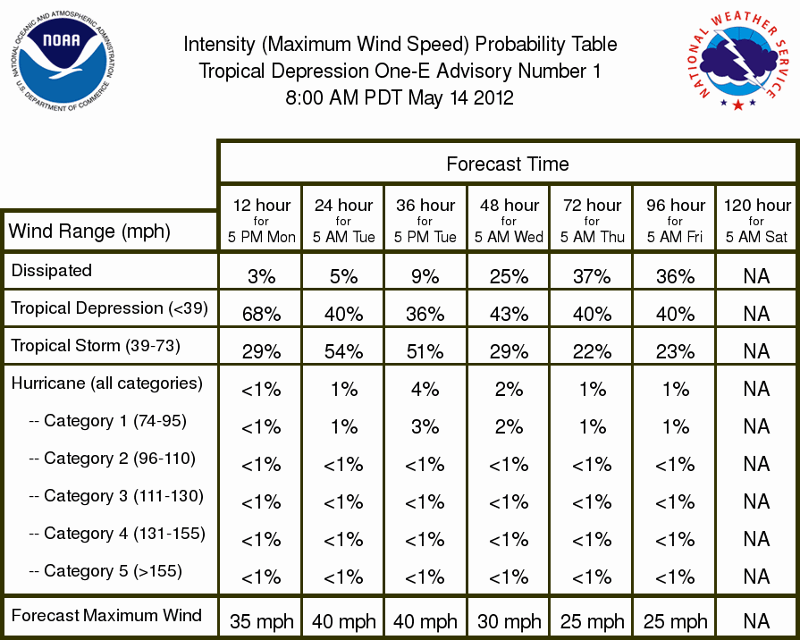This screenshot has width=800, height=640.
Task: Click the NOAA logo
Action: [x=63, y=61]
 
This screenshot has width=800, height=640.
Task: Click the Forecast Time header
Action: [x=507, y=164]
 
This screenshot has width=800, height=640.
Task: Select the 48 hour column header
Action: [x=509, y=221]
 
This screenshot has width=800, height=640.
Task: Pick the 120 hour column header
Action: [x=756, y=221]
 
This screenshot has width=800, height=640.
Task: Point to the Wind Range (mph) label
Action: [x=89, y=232]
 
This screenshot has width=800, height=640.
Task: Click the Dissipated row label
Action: [x=52, y=270]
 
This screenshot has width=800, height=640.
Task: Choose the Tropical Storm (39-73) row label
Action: [x=96, y=346]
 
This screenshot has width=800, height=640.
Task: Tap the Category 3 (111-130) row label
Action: [x=116, y=495]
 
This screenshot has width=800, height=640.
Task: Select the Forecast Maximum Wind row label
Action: [x=106, y=615]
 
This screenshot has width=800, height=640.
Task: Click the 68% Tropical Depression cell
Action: [x=261, y=314]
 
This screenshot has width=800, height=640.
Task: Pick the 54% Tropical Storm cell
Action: [x=344, y=351]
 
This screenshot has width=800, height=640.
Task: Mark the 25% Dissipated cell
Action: [x=509, y=276]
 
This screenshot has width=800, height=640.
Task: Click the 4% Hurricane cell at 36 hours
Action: [x=425, y=390]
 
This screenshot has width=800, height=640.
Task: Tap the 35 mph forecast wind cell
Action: [x=261, y=621]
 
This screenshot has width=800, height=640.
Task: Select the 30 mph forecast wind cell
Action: [x=509, y=621]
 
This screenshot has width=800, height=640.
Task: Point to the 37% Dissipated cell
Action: [x=592, y=276]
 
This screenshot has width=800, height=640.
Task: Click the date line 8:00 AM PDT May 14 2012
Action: [x=400, y=97]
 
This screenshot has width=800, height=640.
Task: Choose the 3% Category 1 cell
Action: [x=425, y=426]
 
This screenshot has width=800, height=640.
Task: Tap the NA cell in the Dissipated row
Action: [x=756, y=276]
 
